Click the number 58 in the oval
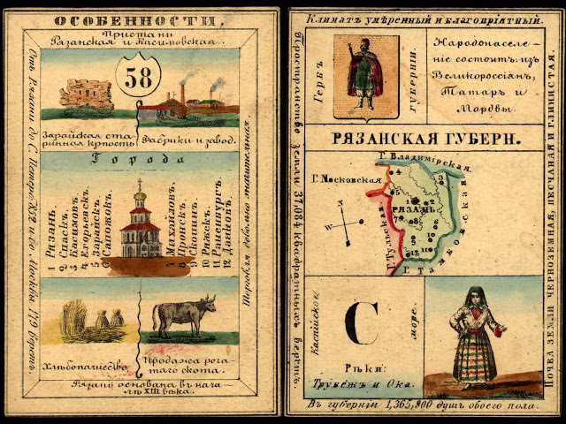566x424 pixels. tap(142, 78)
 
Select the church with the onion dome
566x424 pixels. tap(141, 221)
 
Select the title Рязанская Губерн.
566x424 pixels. tap(424, 138)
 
